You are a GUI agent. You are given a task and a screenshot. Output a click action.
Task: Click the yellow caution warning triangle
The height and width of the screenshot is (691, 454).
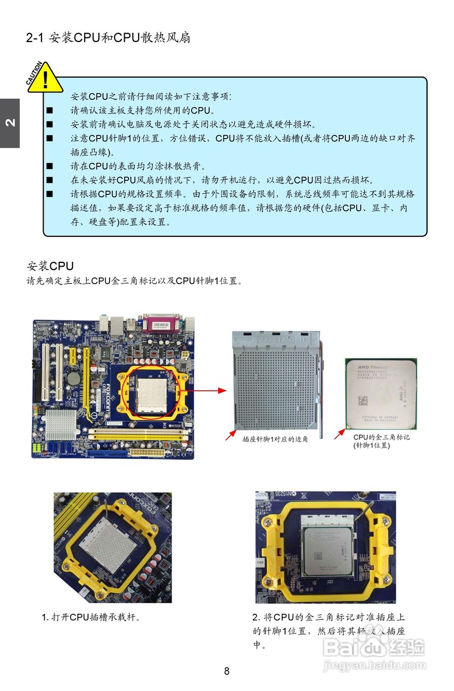pyautogui.click(x=46, y=78)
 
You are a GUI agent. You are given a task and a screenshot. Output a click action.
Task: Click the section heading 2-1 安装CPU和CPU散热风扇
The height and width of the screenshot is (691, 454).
pyautogui.click(x=108, y=38)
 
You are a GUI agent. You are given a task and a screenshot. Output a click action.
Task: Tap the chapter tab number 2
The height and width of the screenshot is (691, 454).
pyautogui.click(x=9, y=123)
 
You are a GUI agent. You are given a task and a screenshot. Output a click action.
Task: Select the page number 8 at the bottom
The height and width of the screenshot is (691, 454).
pyautogui.click(x=227, y=671)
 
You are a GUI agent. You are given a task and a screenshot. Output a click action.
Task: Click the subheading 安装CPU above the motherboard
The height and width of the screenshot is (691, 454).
pyautogui.click(x=50, y=266)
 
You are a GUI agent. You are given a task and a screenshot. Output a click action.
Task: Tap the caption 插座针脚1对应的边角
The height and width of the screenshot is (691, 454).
pyautogui.click(x=275, y=439)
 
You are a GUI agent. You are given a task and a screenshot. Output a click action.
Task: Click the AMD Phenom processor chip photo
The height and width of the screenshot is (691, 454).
pyautogui.click(x=381, y=394)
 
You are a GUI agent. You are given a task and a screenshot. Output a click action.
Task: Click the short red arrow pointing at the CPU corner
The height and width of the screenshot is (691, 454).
pyautogui.click(x=340, y=433)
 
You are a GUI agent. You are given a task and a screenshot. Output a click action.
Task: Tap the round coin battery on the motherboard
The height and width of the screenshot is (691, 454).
pyautogui.click(x=73, y=377)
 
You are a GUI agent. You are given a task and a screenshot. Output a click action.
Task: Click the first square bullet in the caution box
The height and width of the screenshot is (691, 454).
pyautogui.click(x=50, y=111)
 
